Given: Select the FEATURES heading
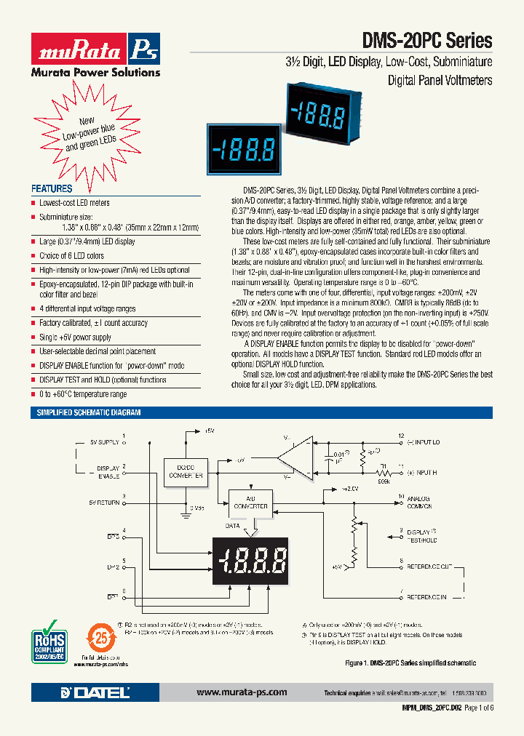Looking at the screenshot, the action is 51,188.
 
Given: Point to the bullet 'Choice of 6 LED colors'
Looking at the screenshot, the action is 71,255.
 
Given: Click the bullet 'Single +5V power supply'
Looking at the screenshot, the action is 75,337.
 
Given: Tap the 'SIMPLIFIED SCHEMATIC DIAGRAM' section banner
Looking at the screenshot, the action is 89,412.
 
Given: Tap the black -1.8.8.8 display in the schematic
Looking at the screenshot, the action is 253,561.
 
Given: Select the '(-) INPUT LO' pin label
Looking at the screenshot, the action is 424,441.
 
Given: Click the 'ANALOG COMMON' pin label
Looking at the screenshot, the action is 420,501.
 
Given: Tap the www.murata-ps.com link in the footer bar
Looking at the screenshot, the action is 242,692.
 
